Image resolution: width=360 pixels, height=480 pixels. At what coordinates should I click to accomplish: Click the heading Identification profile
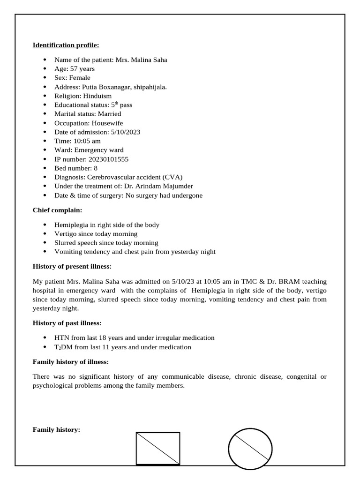tap(66, 45)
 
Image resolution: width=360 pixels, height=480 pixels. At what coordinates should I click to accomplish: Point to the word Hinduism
tap(97, 96)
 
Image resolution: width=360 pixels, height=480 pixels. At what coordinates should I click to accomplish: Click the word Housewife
tap(107, 123)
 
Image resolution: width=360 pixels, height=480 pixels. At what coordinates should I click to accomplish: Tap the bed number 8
tap(96, 168)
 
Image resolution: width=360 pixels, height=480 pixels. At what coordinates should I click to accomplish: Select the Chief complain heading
tap(57, 210)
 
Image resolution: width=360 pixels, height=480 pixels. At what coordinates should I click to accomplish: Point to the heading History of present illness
tap(72, 266)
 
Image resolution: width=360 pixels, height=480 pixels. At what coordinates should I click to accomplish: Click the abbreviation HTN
tap(62, 338)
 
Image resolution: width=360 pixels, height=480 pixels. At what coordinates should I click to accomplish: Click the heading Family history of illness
tap(70, 362)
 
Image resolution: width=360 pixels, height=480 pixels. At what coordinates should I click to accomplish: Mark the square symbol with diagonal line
tap(158, 448)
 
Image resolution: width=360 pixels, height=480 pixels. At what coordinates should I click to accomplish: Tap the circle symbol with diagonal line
tap(250, 449)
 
